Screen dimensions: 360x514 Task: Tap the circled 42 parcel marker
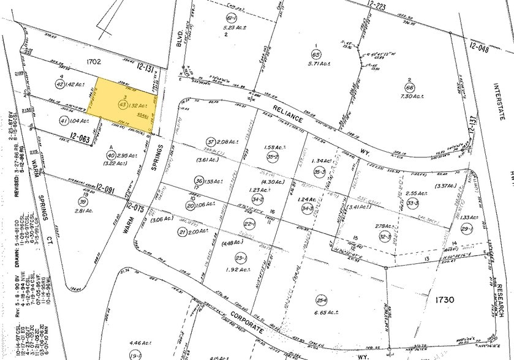click(x=59, y=84)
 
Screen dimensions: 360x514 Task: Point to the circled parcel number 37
click(x=211, y=142)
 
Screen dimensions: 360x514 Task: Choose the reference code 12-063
click(x=81, y=139)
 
